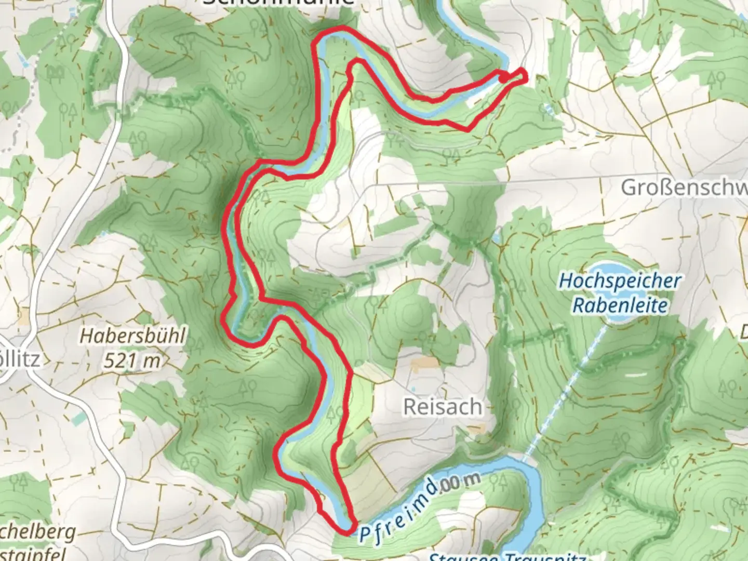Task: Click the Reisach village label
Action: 443,407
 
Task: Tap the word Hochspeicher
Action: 620,282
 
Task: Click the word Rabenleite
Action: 620,305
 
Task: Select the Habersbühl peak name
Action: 132,337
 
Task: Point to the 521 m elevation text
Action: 132,360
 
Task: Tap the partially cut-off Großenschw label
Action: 684,188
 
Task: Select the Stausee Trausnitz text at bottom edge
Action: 506,557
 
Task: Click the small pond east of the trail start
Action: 546,109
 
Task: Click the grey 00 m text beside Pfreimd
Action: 459,484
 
